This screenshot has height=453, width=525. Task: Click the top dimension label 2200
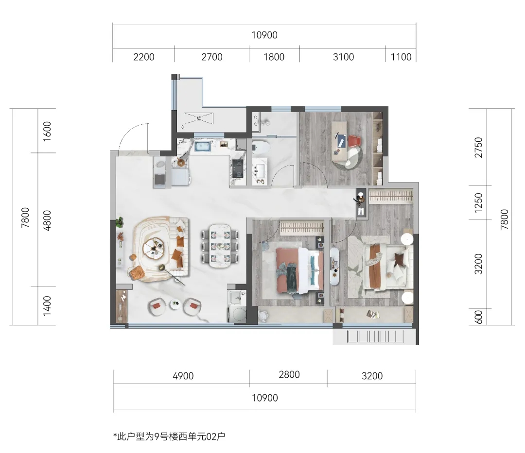point(143,57)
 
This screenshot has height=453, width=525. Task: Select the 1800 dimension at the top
point(274,57)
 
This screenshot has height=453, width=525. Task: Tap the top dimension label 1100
point(401,57)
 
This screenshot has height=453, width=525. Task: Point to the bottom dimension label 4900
point(183,376)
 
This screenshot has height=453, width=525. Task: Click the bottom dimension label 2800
point(289,374)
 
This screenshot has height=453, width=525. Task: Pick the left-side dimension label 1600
point(47,131)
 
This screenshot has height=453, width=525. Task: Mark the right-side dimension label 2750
point(479,148)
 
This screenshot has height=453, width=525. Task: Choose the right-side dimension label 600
point(479,317)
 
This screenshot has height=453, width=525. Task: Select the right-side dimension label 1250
point(479,202)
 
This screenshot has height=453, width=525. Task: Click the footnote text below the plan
point(170,436)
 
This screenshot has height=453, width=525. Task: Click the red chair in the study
point(353,141)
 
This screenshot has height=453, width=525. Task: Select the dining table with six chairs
point(220,246)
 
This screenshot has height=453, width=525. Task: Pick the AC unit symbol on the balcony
point(198,118)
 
